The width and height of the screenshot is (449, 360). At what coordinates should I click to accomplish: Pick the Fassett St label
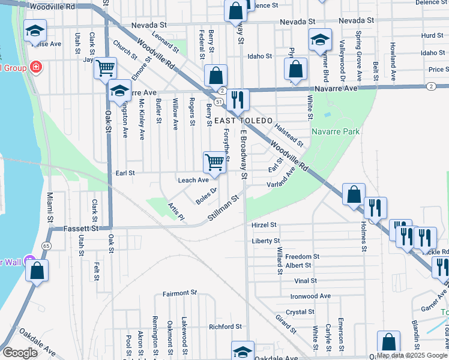click(82, 229)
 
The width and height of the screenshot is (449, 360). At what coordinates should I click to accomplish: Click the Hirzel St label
click(264, 225)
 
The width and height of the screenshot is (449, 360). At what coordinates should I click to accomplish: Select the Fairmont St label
click(180, 294)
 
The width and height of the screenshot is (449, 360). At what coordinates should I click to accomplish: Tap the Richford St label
click(224, 327)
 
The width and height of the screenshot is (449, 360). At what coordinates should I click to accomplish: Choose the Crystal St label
click(300, 312)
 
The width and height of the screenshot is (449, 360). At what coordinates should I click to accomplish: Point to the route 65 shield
click(46, 246)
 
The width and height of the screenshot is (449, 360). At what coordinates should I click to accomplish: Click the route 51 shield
click(220, 102)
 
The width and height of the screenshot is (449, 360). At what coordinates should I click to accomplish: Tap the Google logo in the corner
click(20, 353)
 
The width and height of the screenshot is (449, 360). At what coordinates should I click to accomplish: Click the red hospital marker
click(37, 67)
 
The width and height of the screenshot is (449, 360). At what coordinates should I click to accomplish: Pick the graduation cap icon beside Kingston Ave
click(119, 91)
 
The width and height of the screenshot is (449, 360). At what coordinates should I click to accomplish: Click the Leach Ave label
click(193, 180)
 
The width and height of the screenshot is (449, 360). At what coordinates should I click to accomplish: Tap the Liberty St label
click(266, 241)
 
